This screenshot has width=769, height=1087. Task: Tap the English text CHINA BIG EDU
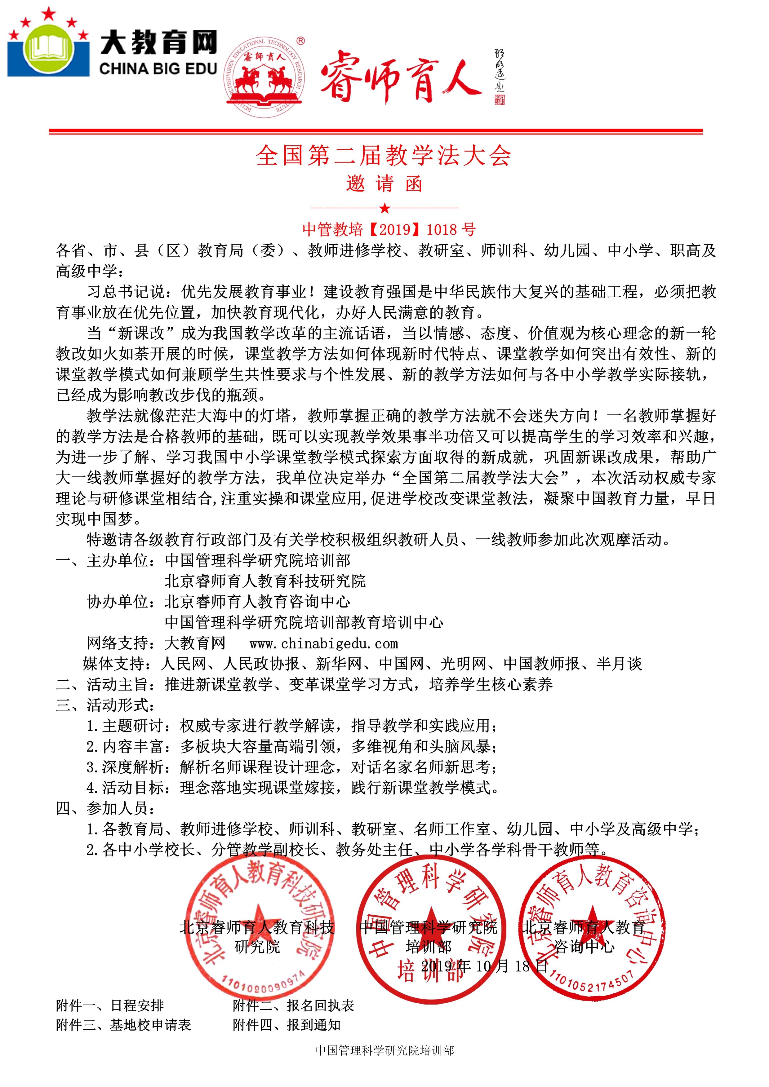[x=158, y=69]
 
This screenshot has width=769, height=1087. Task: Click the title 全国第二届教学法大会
[x=384, y=156]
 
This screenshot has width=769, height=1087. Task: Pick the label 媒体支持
[x=117, y=664]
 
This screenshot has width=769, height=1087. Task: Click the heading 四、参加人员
[x=105, y=809]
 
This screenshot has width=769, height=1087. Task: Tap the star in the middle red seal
[x=430, y=921]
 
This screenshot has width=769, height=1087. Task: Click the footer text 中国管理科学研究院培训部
[x=384, y=1064]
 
